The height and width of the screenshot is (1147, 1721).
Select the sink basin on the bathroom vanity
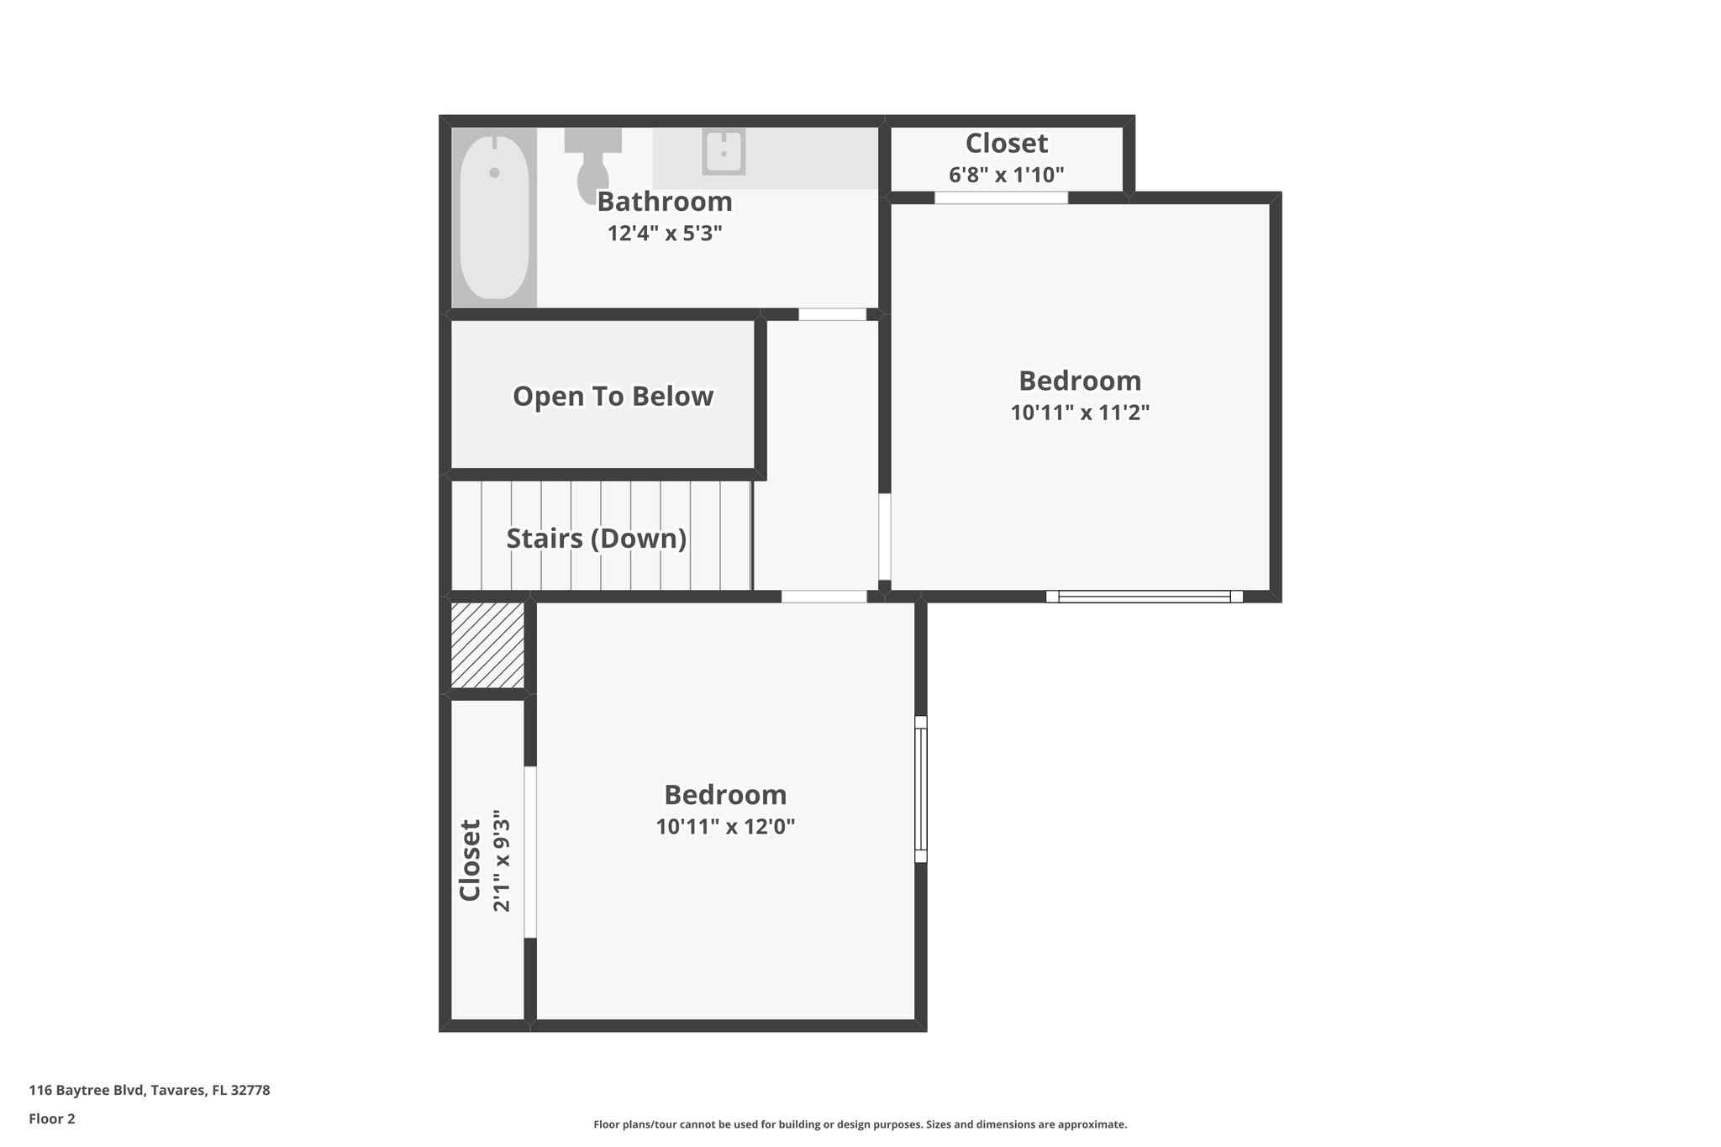[x=723, y=152]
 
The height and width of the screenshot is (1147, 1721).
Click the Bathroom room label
[x=664, y=202]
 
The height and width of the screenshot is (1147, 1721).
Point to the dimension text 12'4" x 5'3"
[x=665, y=233]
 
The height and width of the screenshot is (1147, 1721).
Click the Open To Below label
[x=613, y=396]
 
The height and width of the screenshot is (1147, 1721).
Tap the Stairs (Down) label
[x=596, y=538]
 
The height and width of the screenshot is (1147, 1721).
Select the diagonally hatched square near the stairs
[x=487, y=645]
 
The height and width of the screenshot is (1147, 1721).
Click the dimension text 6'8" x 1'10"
[x=1006, y=175]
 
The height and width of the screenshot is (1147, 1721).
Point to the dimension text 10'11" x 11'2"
[x=1079, y=413]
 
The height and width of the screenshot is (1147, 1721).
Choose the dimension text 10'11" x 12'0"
[x=725, y=827]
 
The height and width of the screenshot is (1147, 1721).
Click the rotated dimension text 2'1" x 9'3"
[x=502, y=860]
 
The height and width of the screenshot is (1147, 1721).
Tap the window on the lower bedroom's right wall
[x=921, y=789]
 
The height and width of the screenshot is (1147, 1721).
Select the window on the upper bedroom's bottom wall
[x=1144, y=597]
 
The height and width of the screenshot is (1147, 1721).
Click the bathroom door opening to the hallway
[x=831, y=314]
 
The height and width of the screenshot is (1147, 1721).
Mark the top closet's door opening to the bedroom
[x=1001, y=198]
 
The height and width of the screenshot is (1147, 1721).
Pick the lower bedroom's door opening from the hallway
[x=824, y=597]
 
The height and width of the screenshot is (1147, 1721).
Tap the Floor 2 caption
[x=52, y=1118]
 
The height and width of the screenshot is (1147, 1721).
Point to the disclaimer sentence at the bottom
[x=860, y=1124]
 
